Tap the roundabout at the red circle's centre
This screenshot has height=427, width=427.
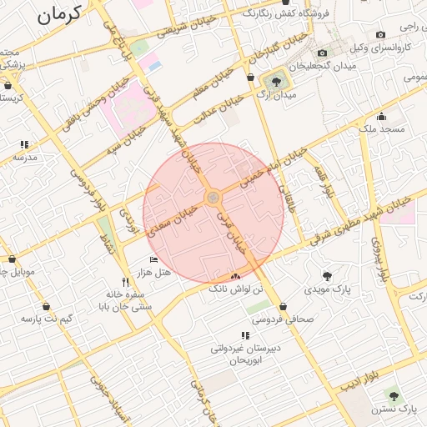(x=213, y=197)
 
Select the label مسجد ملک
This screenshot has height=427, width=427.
(x=382, y=129)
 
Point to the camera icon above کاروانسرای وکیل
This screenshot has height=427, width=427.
(x=380, y=34)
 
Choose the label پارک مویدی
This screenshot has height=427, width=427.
(x=327, y=289)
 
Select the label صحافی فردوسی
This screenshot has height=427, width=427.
(x=285, y=319)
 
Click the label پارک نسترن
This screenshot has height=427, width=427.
(x=394, y=409)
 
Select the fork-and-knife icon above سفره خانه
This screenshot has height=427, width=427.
(x=125, y=282)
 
